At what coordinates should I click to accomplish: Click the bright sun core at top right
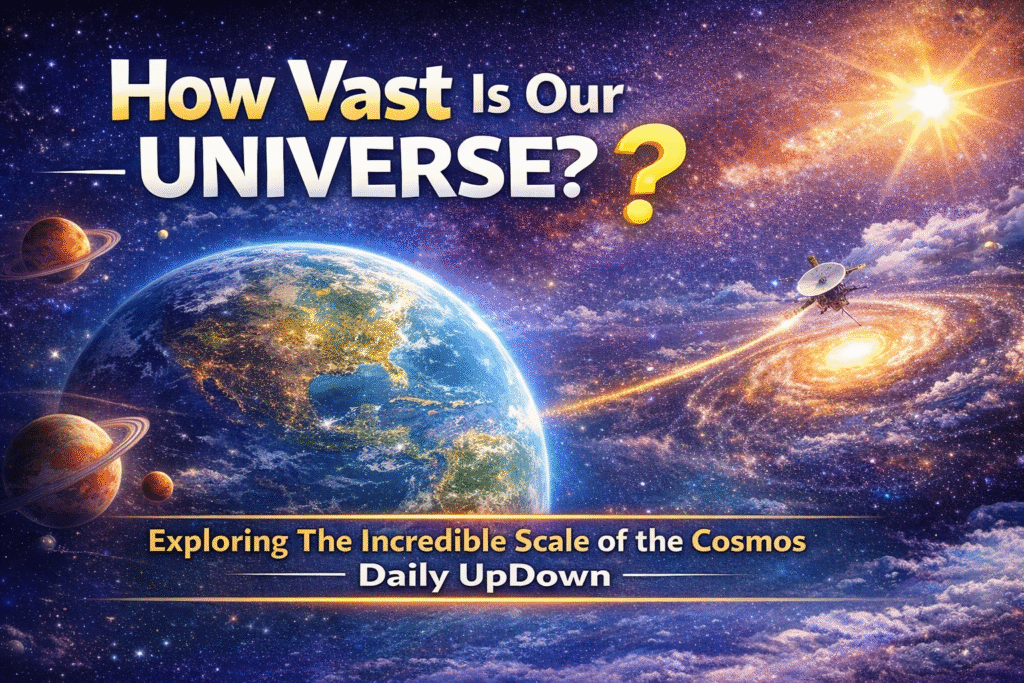[x=930, y=100]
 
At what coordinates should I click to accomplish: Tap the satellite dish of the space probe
[x=820, y=278]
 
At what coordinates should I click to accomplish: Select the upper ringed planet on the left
[x=56, y=249]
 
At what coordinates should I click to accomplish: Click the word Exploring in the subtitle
[x=218, y=543]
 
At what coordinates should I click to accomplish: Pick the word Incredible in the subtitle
[x=432, y=541]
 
